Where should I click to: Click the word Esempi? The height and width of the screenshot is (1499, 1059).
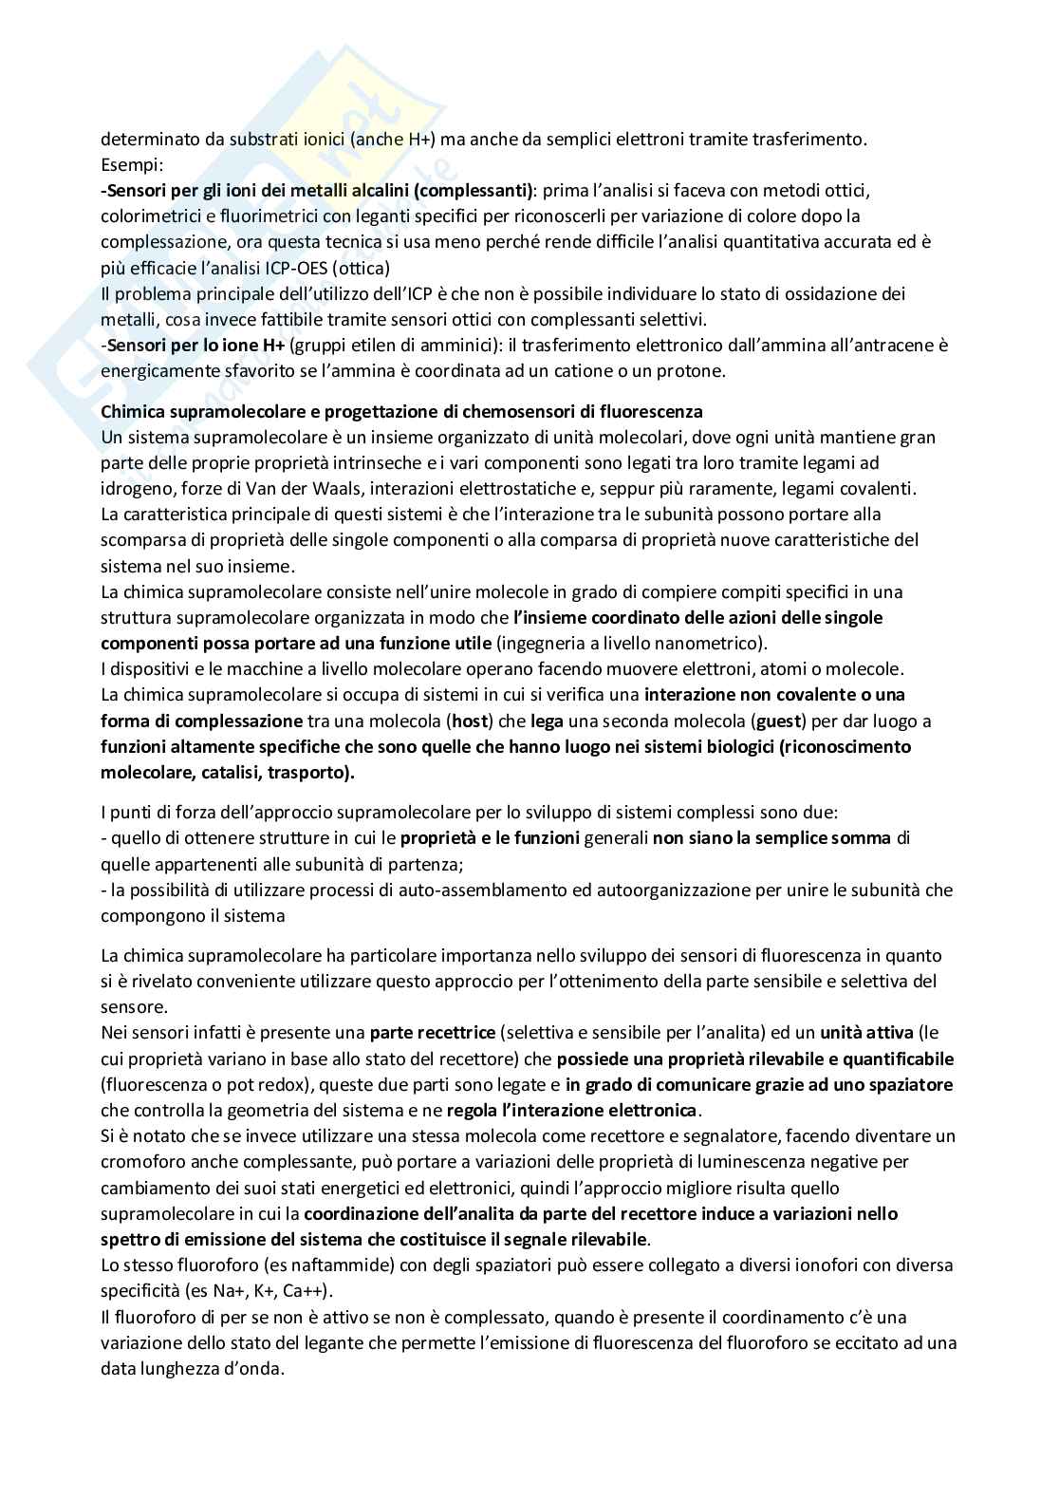[130, 164]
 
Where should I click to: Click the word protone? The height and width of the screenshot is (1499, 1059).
[695, 371]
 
